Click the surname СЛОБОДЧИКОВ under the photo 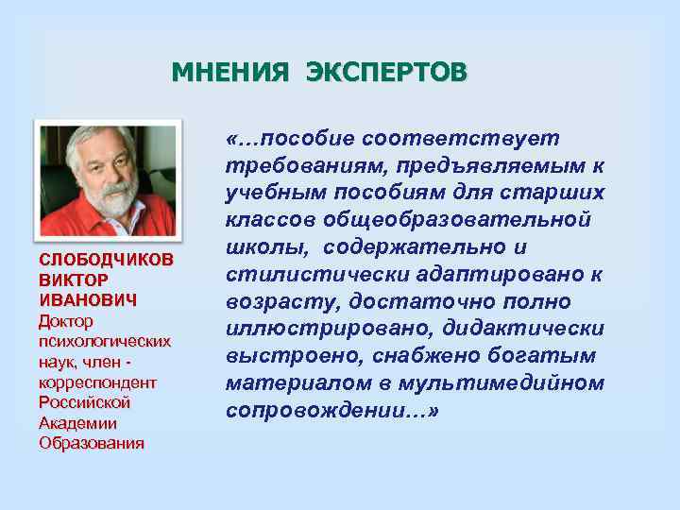(x=106, y=261)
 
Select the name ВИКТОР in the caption (x=74, y=280)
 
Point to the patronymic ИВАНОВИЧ (x=88, y=300)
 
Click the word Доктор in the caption (x=66, y=321)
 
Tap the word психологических (x=104, y=341)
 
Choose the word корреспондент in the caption (x=97, y=382)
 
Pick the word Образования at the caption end (x=91, y=444)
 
